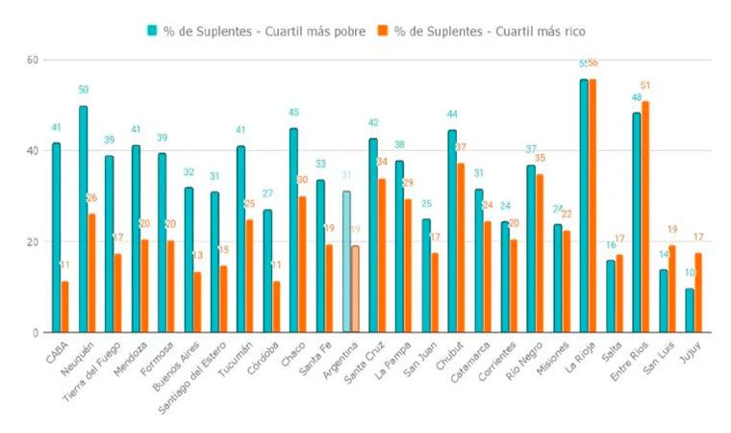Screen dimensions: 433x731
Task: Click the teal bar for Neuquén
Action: click(84, 219)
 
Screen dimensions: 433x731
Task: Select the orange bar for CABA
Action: click(65, 307)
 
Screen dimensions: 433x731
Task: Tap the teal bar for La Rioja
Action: click(584, 206)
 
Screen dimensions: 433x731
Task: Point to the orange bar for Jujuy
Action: click(698, 293)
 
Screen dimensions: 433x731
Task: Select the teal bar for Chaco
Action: click(293, 231)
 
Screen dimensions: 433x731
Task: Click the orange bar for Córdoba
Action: click(276, 307)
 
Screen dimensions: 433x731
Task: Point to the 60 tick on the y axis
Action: click(32, 60)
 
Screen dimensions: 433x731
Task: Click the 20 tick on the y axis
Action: click(32, 242)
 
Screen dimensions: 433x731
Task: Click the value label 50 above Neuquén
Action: click(84, 89)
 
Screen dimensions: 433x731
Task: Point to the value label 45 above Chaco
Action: click(293, 113)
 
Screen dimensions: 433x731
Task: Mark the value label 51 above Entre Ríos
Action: click(645, 86)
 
